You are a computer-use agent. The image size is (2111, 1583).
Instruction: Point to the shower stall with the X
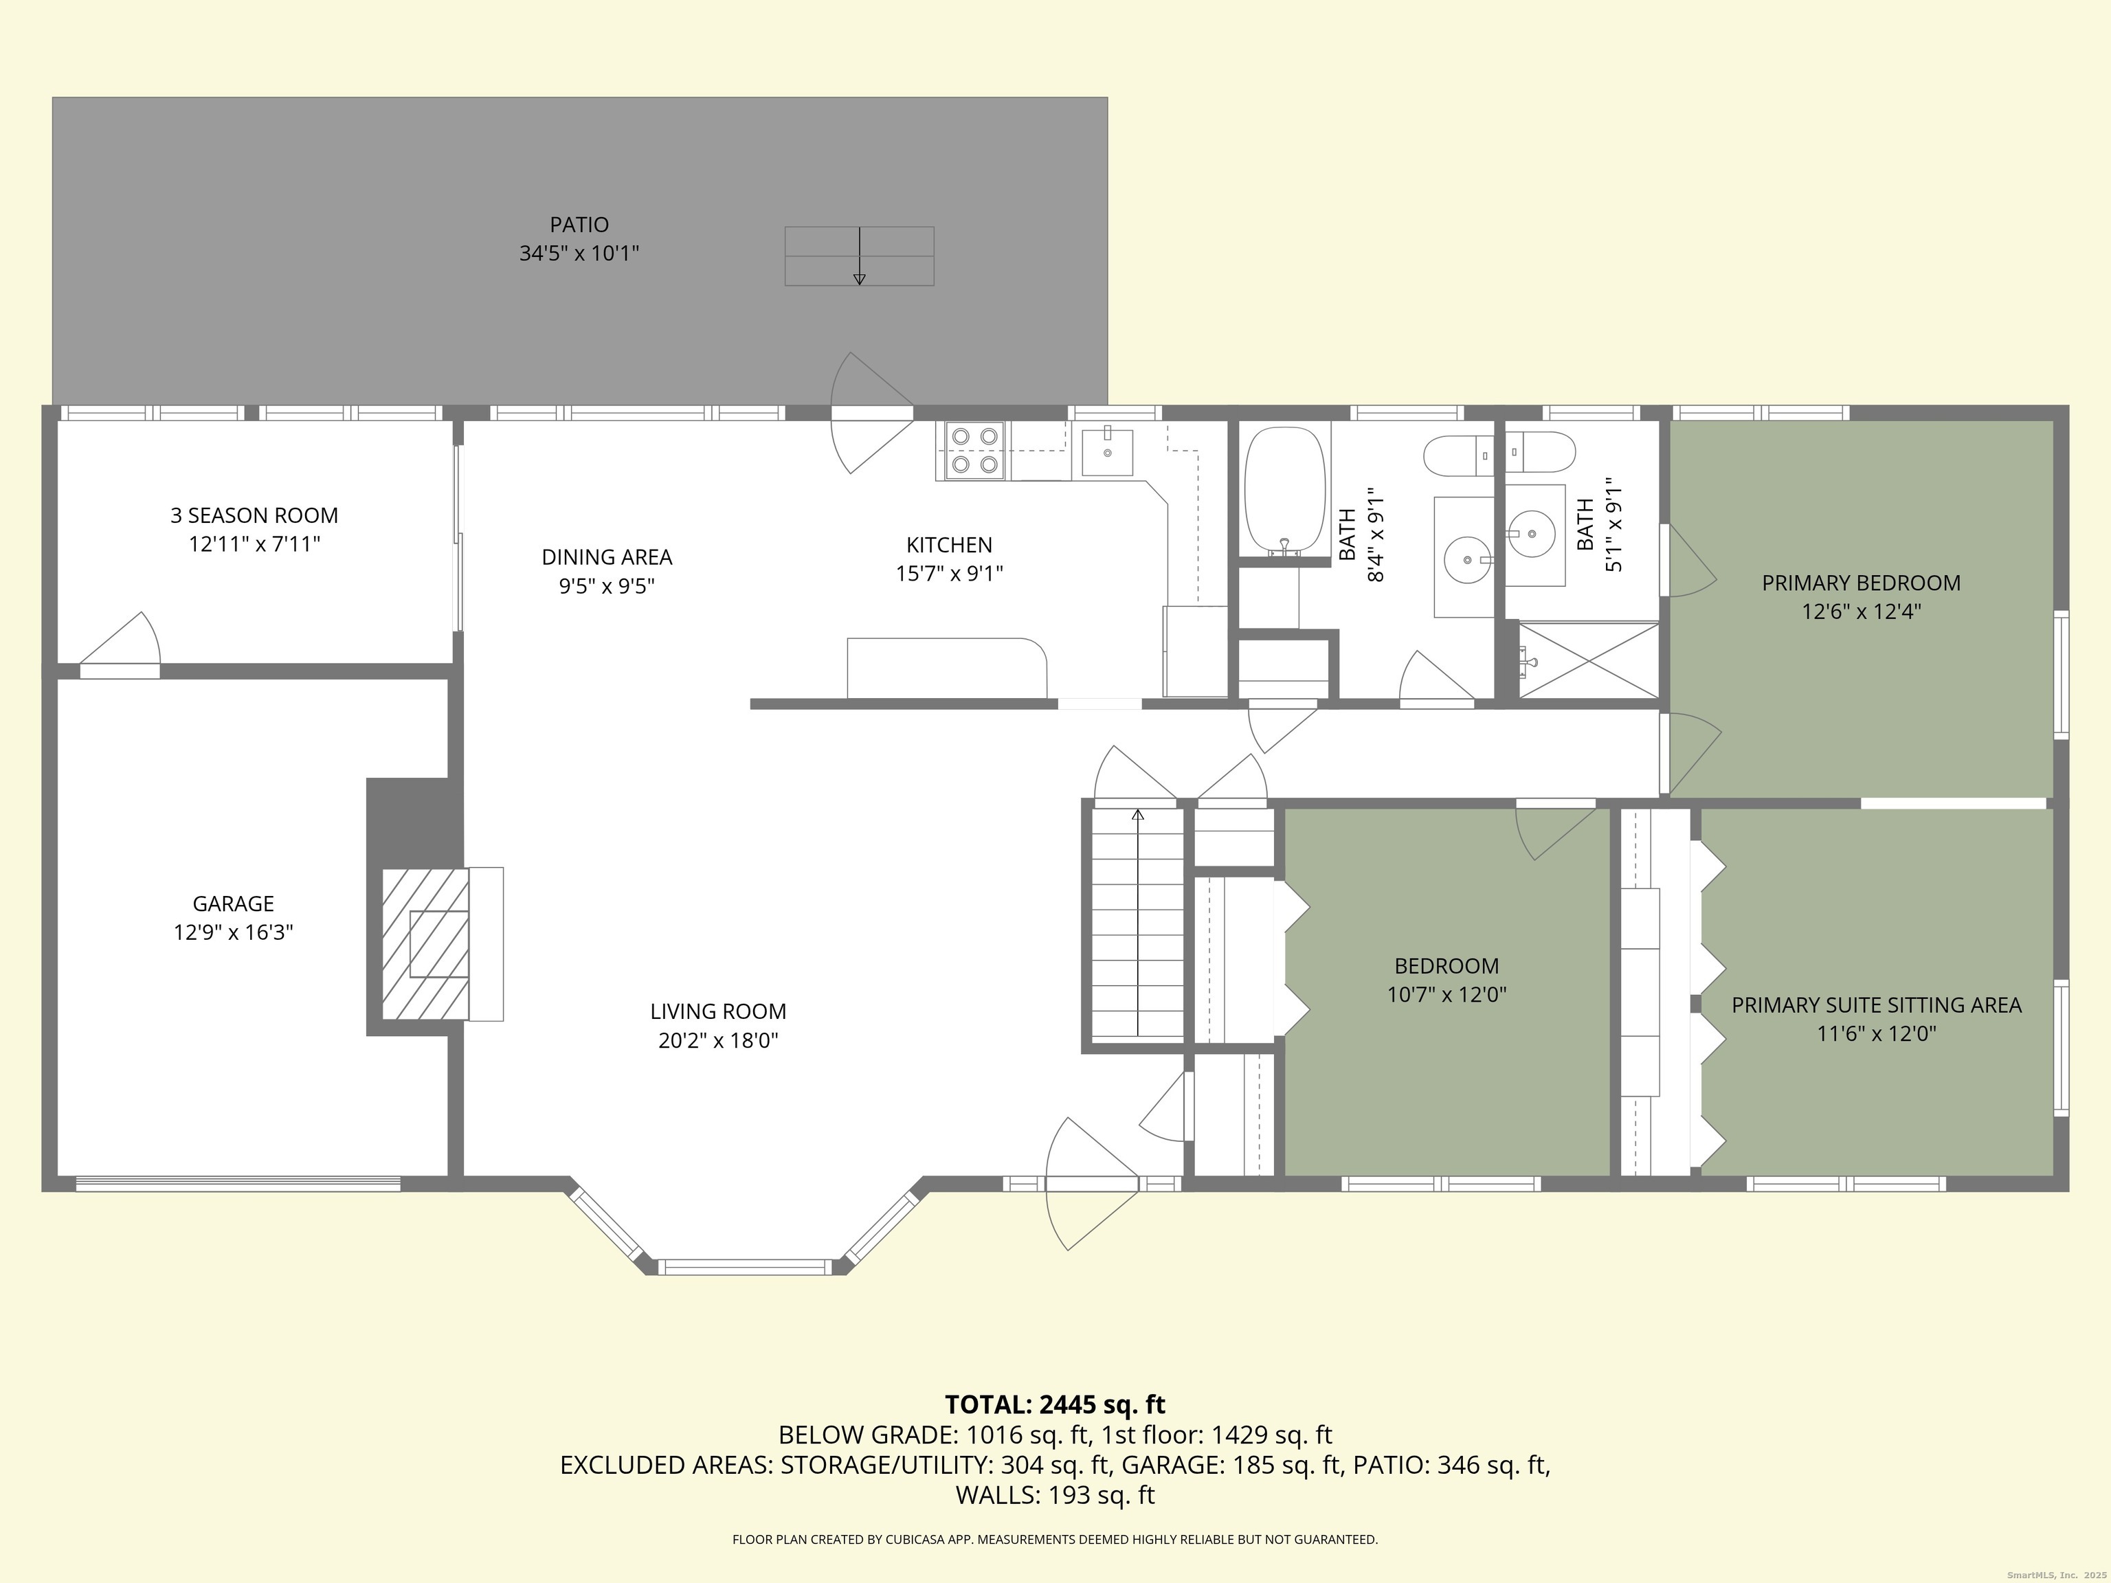1588,660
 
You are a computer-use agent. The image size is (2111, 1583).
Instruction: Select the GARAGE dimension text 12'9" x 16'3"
233,932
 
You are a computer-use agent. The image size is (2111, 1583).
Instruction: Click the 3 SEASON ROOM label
254,515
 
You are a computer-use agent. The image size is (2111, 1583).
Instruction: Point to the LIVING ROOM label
717,1011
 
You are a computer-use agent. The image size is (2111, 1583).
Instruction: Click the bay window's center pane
746,1267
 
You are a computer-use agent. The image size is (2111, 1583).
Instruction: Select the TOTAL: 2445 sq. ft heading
1055,1404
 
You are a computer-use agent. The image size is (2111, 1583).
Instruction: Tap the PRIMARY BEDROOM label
1860,583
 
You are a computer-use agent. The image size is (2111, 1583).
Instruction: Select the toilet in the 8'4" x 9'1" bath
1457,456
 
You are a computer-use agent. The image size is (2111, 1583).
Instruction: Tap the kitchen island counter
946,667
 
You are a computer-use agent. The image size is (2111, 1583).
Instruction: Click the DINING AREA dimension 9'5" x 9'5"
607,586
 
